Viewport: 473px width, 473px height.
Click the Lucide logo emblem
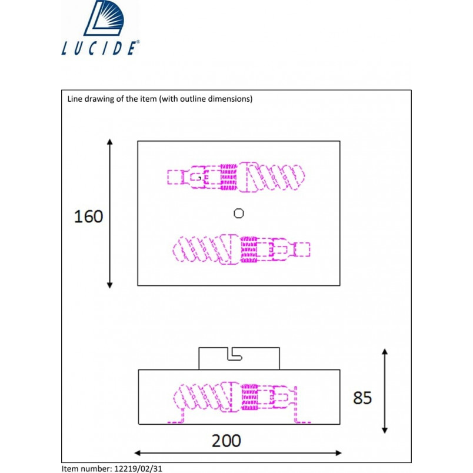104,18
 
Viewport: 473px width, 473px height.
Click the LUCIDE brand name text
100,48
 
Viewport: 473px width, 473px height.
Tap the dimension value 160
88,216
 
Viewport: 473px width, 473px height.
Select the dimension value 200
226,441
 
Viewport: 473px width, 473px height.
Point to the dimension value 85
362,398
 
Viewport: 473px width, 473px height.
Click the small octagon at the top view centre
239,214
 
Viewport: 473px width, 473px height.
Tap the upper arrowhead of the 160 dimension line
110,142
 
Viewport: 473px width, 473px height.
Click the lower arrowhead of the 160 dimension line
110,285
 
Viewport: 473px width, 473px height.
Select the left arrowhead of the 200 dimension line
138,453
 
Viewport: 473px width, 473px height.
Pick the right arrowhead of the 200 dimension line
338,453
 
